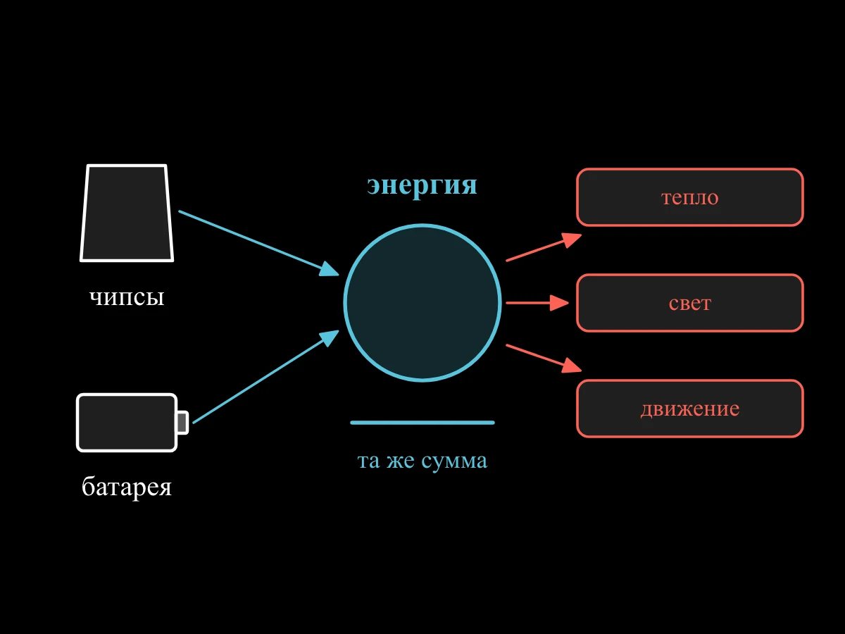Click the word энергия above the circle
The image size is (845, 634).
click(x=422, y=186)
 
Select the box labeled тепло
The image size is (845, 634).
click(x=690, y=197)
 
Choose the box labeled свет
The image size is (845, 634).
click(x=690, y=303)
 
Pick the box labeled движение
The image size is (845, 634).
click(x=690, y=409)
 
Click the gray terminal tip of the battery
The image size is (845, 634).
click(x=183, y=422)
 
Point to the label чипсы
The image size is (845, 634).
click(x=127, y=298)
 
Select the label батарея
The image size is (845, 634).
click(x=127, y=487)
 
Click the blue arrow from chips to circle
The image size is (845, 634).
click(x=258, y=243)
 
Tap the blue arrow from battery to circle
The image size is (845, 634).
click(x=265, y=377)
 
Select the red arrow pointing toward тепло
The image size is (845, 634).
click(x=544, y=247)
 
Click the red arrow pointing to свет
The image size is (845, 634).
click(x=537, y=303)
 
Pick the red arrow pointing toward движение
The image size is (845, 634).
click(x=544, y=359)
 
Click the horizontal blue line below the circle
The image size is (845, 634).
click(x=423, y=423)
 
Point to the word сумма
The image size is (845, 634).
click(x=454, y=461)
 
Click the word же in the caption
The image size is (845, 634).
click(x=401, y=461)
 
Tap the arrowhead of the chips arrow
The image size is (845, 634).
click(x=329, y=269)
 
